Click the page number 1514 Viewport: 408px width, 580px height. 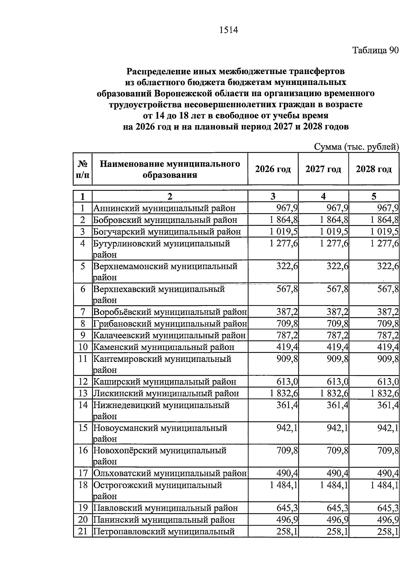coord(228,30)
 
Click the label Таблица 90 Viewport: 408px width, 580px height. coord(375,51)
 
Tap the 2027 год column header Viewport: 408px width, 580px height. coord(323,169)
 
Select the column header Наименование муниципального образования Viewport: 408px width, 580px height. coord(170,169)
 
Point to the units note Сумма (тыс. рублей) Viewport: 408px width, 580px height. coord(356,147)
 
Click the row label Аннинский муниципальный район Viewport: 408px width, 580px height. coord(164,208)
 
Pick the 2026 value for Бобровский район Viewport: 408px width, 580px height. coord(284,219)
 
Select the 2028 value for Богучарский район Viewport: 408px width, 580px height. coord(385,231)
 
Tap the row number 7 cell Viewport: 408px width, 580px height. coord(83,312)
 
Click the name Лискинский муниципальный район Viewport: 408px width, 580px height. coord(166,393)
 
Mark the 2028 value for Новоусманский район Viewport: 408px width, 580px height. coord(388,428)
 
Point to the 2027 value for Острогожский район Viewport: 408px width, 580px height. coord(334,485)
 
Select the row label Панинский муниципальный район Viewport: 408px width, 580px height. coord(164,520)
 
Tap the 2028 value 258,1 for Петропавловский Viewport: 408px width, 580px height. coord(388,531)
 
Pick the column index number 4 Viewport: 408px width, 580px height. coord(323,196)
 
